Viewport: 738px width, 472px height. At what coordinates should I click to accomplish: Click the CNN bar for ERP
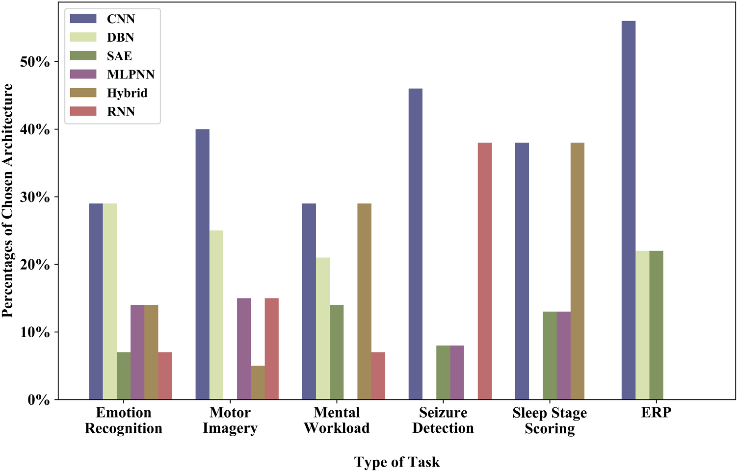coord(628,211)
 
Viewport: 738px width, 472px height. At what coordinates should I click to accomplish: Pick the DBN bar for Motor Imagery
coord(216,315)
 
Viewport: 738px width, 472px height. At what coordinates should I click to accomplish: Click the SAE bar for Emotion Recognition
coord(124,376)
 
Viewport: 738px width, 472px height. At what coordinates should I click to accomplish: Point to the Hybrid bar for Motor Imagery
coord(258,383)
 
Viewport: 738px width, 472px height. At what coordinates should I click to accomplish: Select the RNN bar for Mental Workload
coord(378,376)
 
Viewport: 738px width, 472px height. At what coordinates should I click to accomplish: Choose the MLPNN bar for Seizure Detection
coord(457,373)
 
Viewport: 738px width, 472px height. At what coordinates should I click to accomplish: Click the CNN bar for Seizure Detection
coord(415,244)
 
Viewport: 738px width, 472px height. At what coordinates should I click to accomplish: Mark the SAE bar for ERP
coord(656,325)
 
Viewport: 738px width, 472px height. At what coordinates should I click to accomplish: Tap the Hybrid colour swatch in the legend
coord(83,93)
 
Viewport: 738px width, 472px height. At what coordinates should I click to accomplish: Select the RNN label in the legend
coord(121,112)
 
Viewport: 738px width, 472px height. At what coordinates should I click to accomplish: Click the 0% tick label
coord(38,400)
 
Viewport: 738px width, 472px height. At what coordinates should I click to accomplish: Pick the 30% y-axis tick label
coord(35,197)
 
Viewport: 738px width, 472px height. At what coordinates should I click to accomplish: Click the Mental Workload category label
coord(337,420)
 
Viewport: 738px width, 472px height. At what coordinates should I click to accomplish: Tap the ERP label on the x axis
coord(656,413)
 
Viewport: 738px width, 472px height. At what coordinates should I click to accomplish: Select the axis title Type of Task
coord(396,462)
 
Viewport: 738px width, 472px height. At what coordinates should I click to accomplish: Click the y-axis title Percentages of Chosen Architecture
coord(8,200)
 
